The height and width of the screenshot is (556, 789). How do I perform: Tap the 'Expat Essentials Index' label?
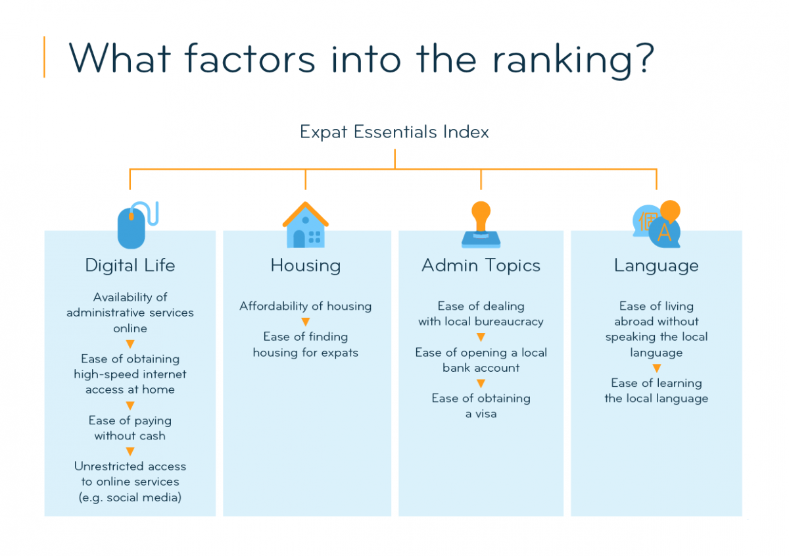(394, 132)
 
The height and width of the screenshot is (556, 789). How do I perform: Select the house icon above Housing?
(305, 225)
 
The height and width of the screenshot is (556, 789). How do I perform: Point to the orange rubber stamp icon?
(481, 224)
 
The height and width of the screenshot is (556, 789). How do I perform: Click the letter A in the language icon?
(664, 233)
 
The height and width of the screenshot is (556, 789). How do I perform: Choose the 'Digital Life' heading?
(130, 265)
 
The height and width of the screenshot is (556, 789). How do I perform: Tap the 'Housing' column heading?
(305, 266)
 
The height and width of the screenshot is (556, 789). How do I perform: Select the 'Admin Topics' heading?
(481, 265)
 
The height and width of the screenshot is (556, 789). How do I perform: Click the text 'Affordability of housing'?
(305, 306)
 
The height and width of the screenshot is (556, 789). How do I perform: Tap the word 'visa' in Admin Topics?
(486, 414)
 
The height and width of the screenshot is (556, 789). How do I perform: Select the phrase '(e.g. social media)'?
(130, 497)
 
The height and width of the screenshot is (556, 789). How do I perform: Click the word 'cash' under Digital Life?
(153, 436)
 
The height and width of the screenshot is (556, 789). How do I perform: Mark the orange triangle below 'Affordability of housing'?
(305, 322)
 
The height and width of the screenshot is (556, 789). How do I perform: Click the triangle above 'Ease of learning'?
(656, 368)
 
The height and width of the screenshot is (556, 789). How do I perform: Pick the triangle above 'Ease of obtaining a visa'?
(481, 383)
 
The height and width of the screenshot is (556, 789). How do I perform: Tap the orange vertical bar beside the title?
(45, 57)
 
